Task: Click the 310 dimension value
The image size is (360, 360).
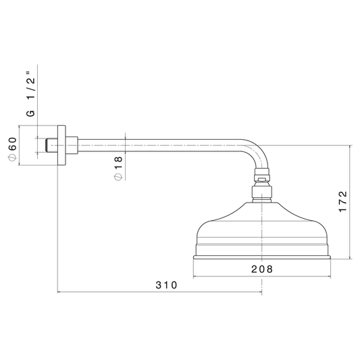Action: point(166,285)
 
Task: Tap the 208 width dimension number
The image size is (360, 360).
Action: point(262,269)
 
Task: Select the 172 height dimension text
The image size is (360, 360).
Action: point(343,201)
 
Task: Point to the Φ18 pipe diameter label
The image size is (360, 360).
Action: point(118,168)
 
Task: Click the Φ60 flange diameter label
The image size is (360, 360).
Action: point(12,149)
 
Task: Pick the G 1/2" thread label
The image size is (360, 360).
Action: point(31,94)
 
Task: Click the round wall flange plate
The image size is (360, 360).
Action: point(61,145)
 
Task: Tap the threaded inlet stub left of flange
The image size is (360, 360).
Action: point(51,145)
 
